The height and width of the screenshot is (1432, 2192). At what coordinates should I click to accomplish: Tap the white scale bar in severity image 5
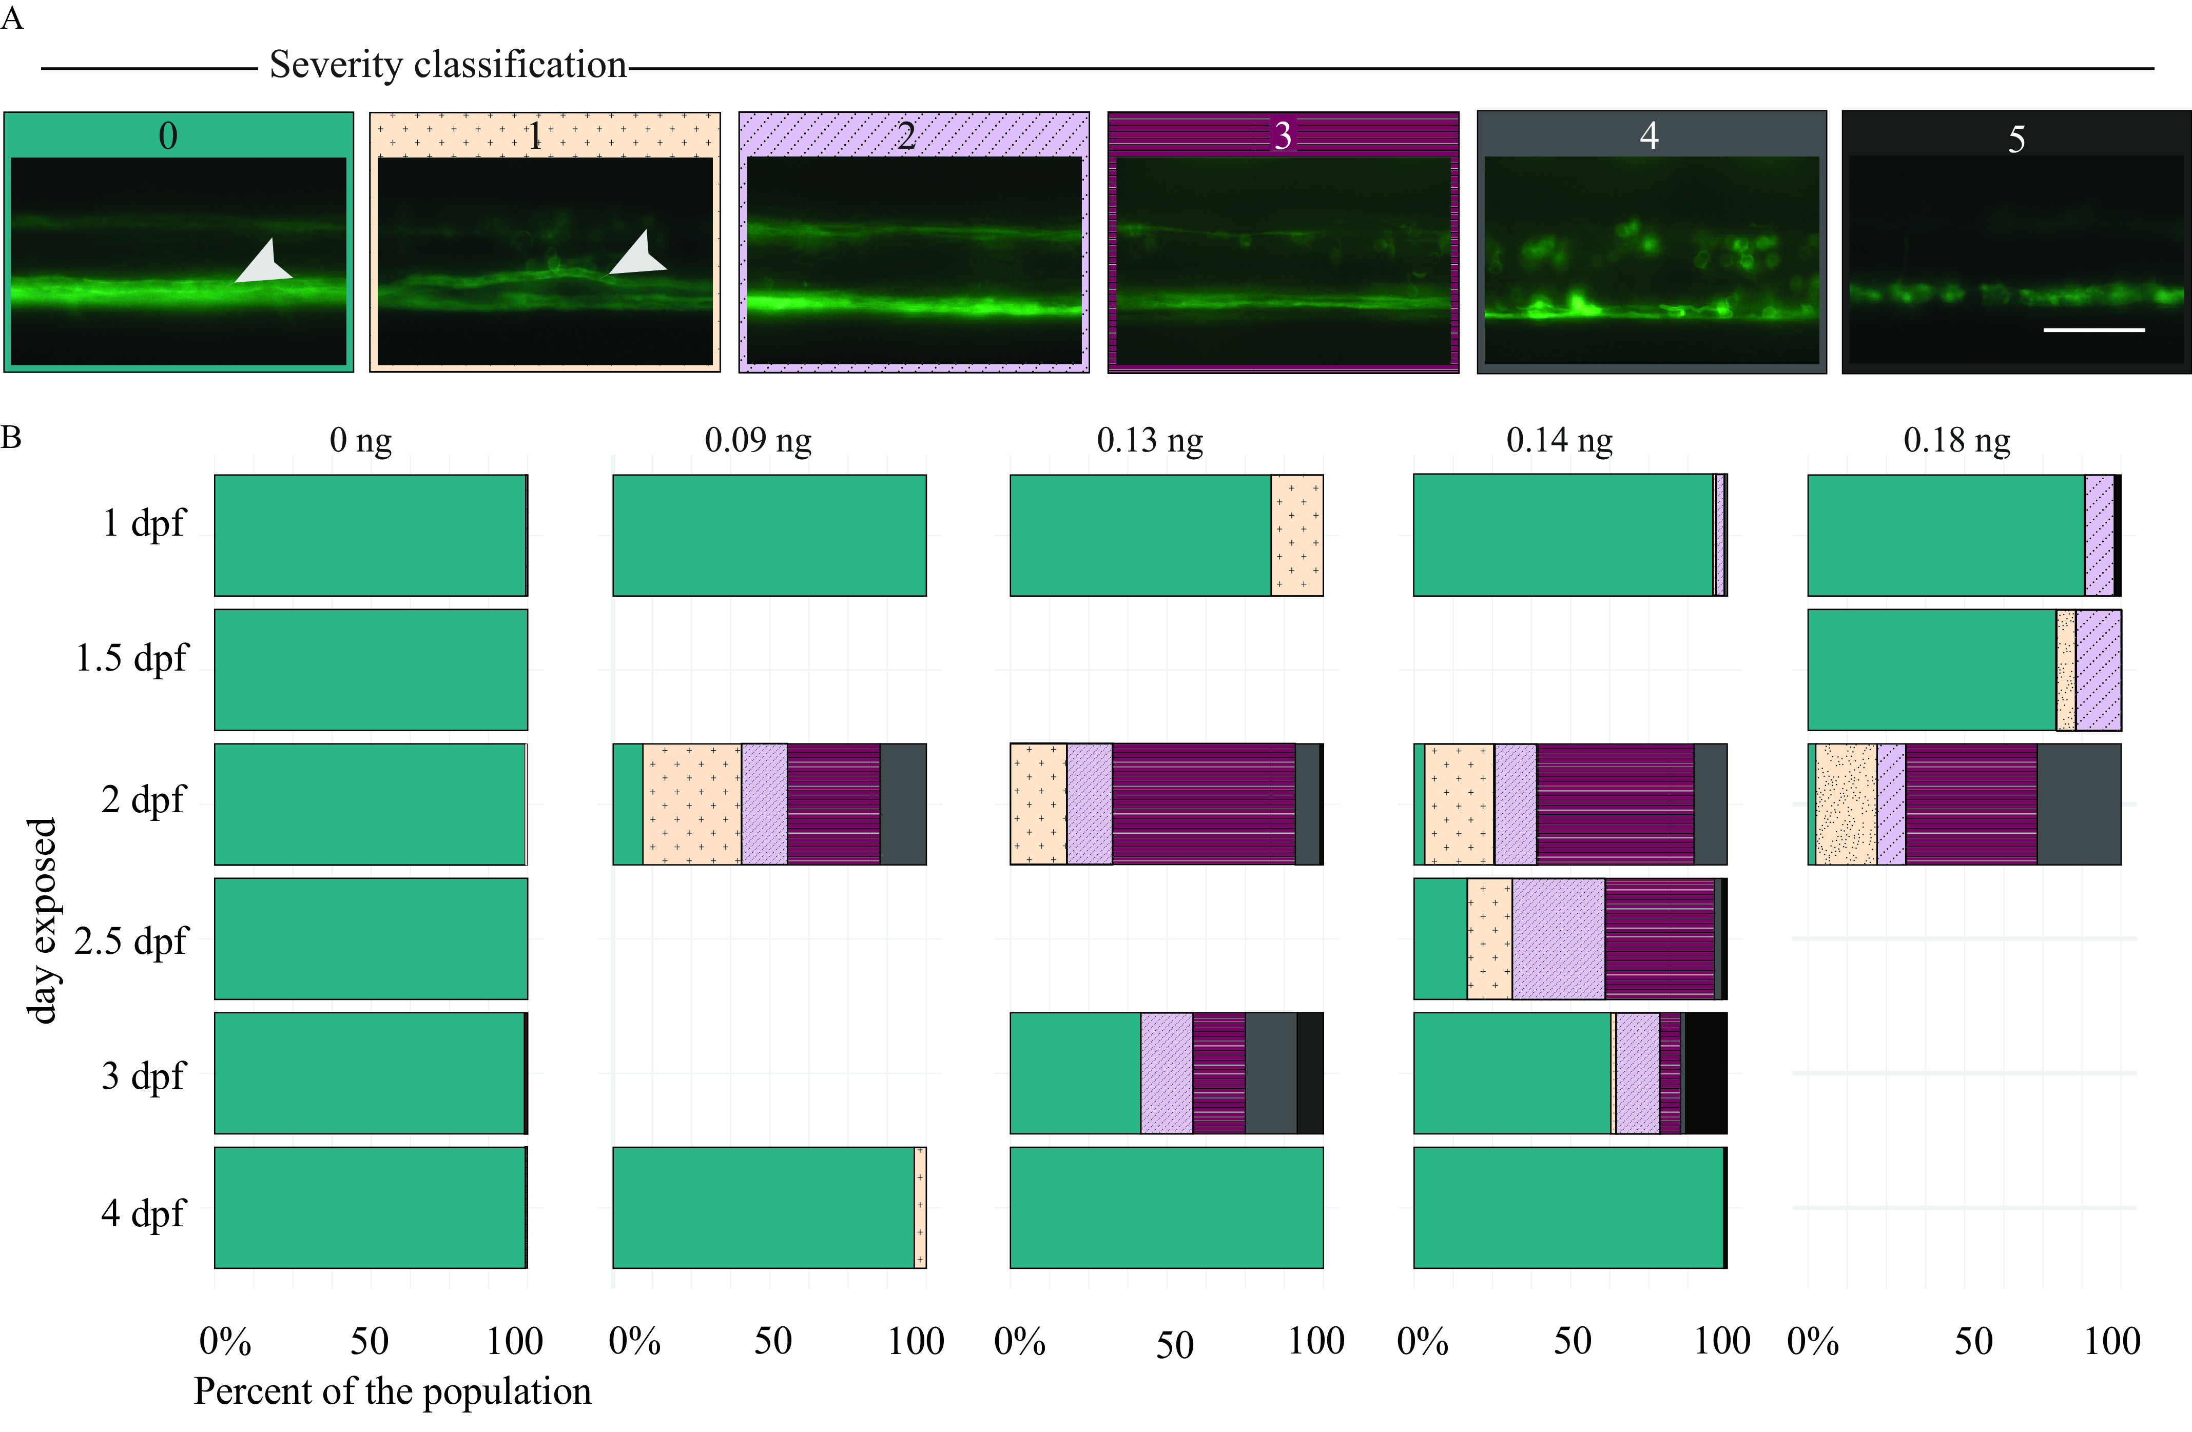tap(2093, 329)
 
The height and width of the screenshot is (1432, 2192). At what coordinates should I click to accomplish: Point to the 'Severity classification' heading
tap(448, 65)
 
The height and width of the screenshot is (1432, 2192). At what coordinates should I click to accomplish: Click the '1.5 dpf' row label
tap(132, 658)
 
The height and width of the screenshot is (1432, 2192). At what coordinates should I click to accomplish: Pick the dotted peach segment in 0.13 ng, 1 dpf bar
tap(1297, 535)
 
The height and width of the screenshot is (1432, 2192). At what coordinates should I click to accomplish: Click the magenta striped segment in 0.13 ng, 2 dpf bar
tap(1203, 804)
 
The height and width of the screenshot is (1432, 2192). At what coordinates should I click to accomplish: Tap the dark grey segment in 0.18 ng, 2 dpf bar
tap(2079, 804)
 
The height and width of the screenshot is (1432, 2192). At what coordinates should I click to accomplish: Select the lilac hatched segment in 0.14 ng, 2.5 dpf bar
tap(1558, 938)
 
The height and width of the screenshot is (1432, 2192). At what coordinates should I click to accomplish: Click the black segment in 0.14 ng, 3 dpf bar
tap(1705, 1073)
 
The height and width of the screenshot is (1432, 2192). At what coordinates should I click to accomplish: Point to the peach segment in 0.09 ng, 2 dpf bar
tap(692, 804)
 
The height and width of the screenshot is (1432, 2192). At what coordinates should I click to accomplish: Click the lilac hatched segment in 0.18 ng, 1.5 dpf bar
tap(2098, 670)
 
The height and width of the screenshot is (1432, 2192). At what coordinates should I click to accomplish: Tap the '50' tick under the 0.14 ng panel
tap(1572, 1342)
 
